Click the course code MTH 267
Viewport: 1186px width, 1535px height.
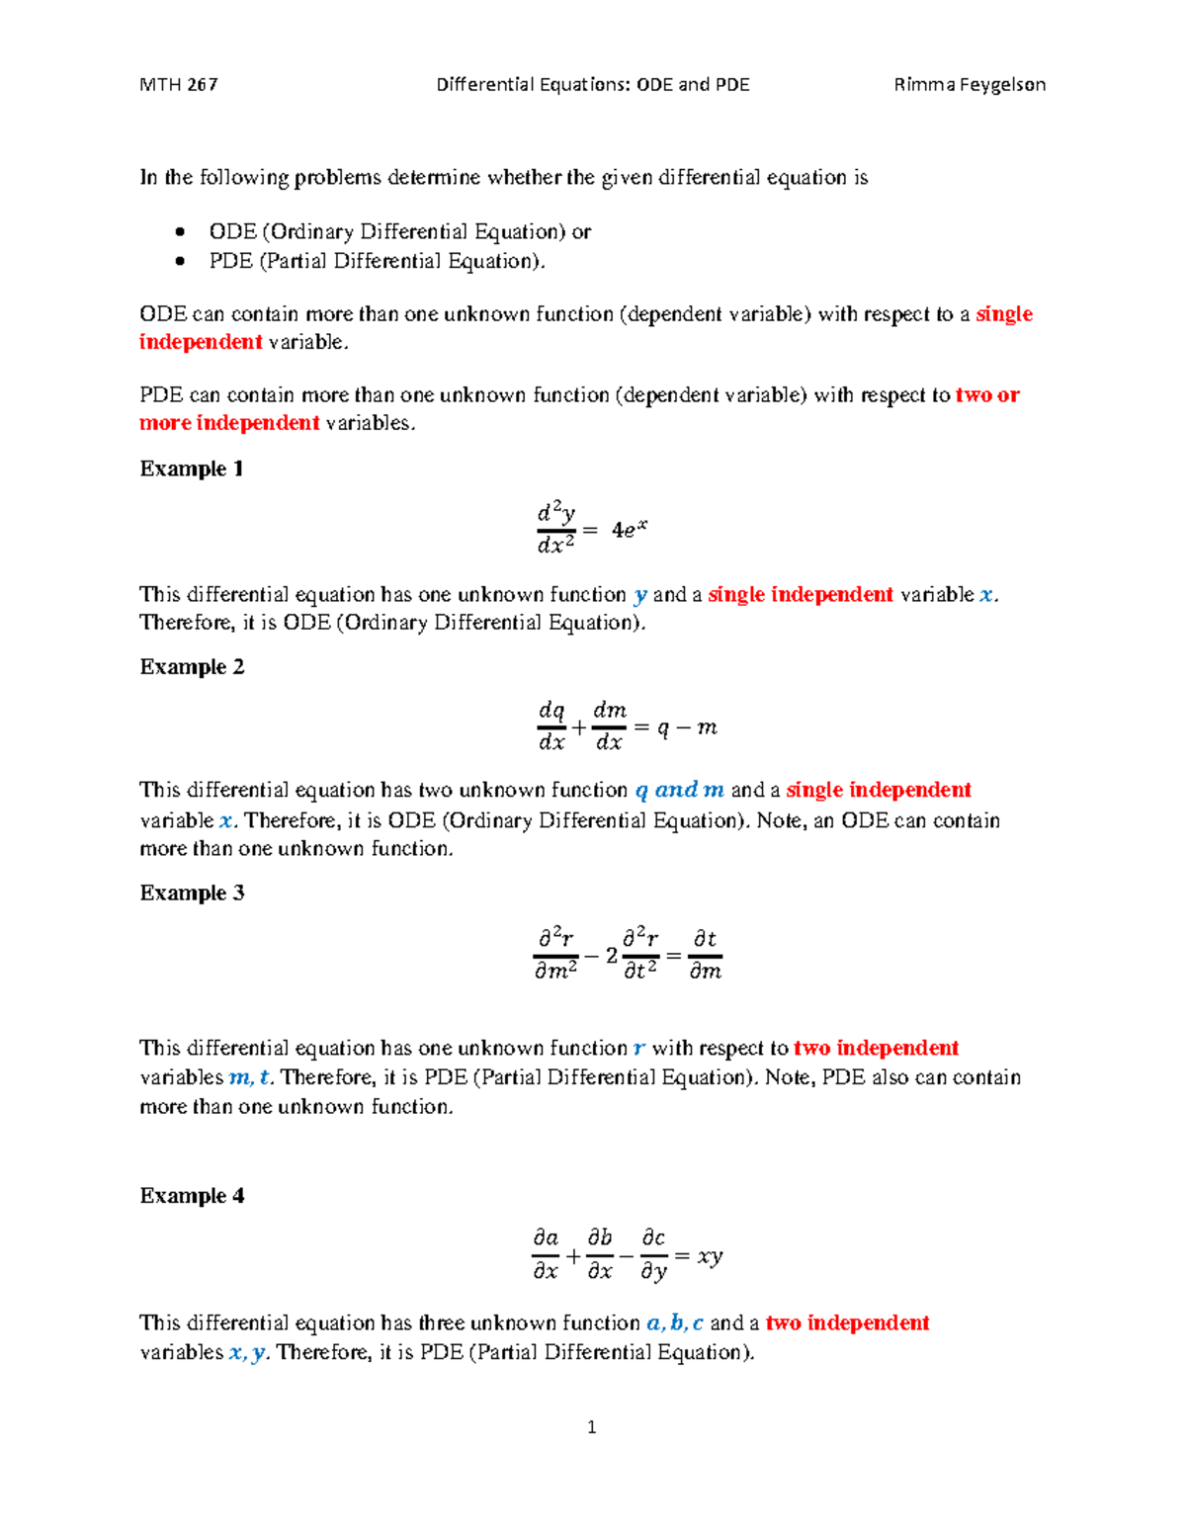click(179, 85)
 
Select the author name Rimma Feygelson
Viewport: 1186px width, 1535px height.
click(969, 85)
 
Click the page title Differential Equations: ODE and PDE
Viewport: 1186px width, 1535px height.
click(592, 85)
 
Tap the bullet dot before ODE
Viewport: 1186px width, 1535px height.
click(180, 232)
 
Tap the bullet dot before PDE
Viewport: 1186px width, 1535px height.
click(180, 261)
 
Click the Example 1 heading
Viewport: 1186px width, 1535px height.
click(192, 469)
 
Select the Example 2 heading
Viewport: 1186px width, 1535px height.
click(192, 667)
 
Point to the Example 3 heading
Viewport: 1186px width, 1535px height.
click(192, 894)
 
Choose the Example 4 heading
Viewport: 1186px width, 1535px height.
click(192, 1196)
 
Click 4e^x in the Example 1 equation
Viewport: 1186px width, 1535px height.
click(629, 530)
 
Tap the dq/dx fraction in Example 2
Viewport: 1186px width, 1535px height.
click(551, 726)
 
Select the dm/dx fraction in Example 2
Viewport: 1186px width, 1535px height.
click(609, 726)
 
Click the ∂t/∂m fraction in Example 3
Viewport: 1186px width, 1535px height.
click(705, 955)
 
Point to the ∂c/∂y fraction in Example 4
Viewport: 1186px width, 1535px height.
click(653, 1254)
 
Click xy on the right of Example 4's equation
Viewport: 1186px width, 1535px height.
click(710, 1256)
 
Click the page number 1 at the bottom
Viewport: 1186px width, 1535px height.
click(591, 1427)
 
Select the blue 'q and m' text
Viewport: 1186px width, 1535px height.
click(679, 791)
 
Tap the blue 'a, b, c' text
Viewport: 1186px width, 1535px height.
click(674, 1323)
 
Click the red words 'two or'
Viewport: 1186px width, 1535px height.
click(987, 395)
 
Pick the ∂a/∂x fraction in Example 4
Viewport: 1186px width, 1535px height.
click(546, 1254)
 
